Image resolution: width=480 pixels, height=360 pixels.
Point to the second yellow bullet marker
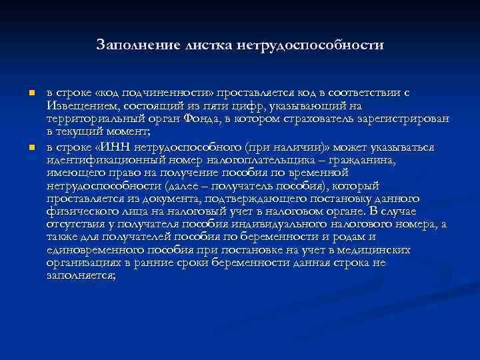coord(22,147)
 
